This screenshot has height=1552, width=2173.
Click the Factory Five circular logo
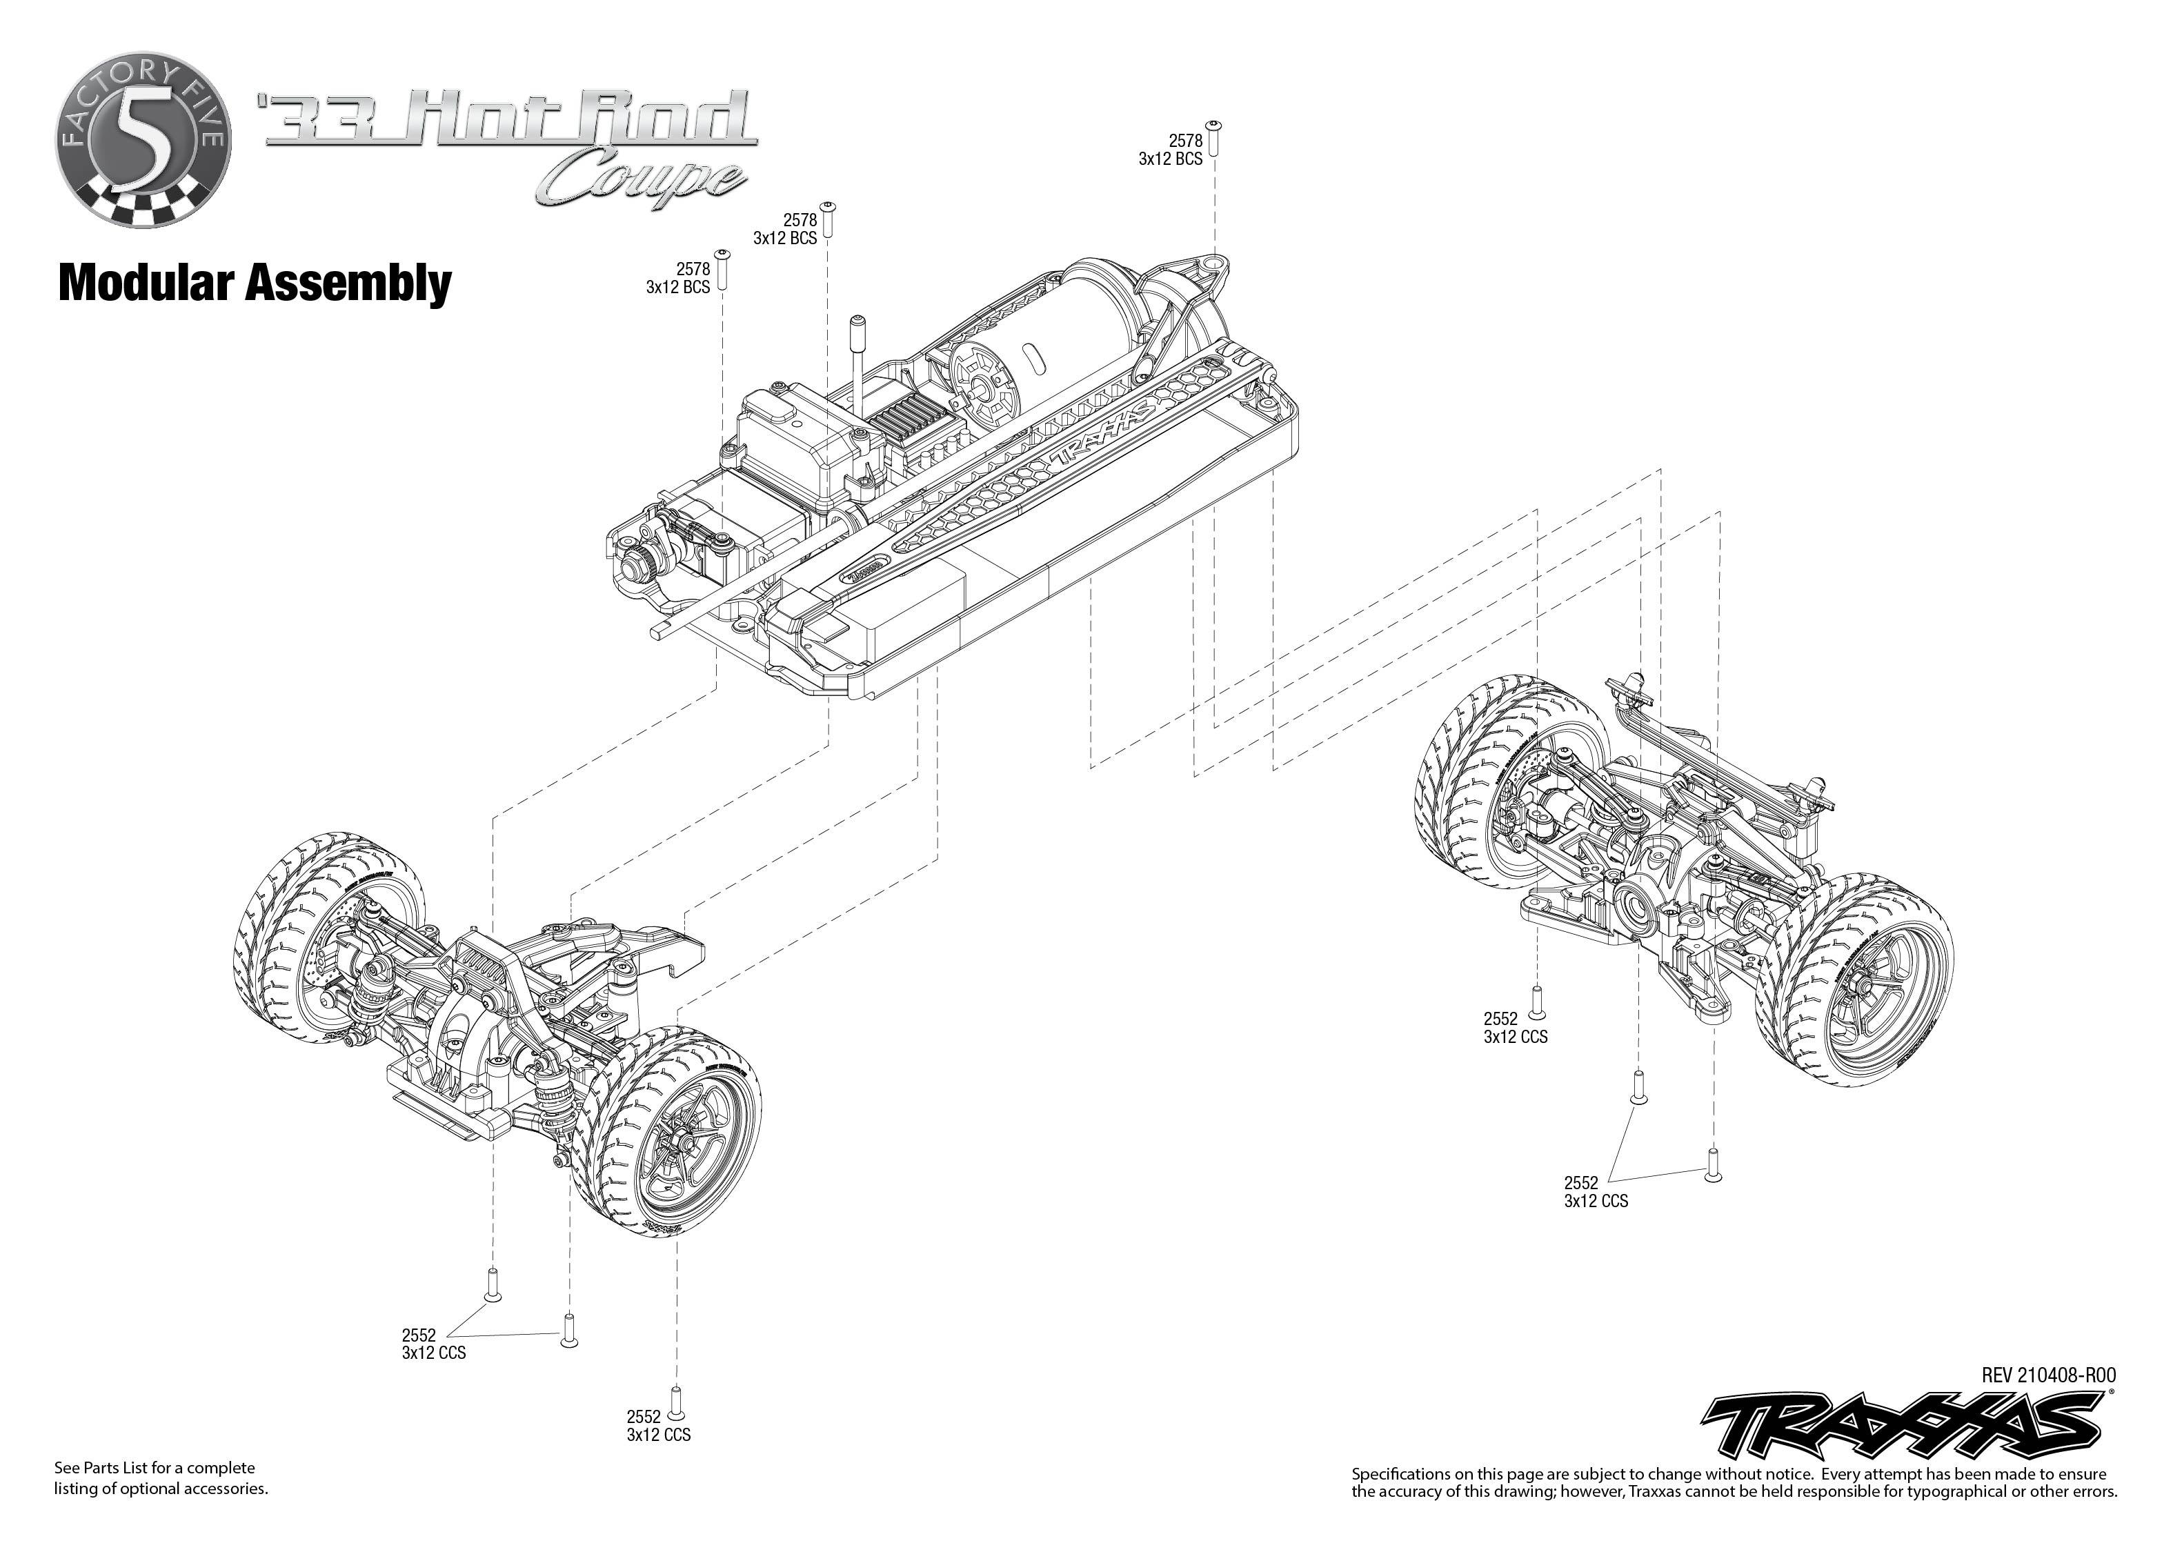click(141, 141)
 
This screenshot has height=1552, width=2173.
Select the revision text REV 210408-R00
click(2048, 1375)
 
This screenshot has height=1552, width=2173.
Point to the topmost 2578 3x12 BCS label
click(1171, 151)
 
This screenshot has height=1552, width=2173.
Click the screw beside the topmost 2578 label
click(1215, 138)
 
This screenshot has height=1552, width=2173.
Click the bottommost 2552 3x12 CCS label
click(658, 1426)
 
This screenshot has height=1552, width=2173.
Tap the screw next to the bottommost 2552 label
click(677, 1401)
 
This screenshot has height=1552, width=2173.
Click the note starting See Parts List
click(161, 1478)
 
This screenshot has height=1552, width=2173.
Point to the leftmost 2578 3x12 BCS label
click(679, 278)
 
